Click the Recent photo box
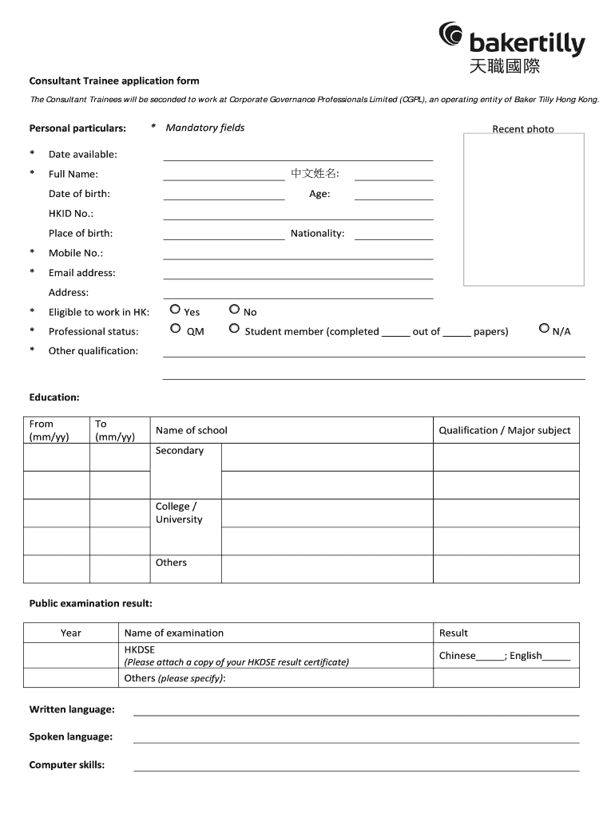tap(524, 209)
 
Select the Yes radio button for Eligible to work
tap(175, 309)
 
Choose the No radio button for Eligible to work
tap(234, 309)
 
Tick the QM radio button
tap(175, 328)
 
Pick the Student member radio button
tap(234, 328)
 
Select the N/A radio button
tap(544, 328)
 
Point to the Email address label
tap(81, 273)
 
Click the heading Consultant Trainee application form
tap(114, 81)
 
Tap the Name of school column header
tap(192, 430)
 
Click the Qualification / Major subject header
tap(505, 430)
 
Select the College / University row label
tap(179, 513)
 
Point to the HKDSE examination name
tap(140, 649)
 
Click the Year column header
tap(71, 633)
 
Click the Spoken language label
tap(71, 737)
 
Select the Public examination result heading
tap(90, 603)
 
